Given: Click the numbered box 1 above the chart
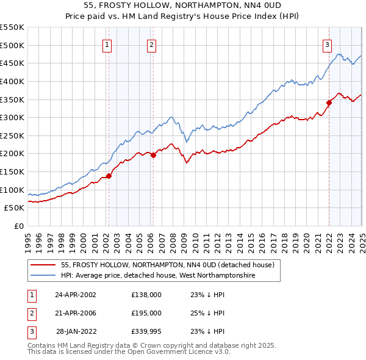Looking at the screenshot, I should [x=107, y=44].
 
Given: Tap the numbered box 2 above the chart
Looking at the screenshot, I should [x=151, y=44].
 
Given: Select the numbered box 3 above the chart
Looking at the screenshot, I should [x=327, y=44].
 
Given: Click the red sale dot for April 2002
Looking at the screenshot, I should [x=109, y=176].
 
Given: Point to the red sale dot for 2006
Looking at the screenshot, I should [x=153, y=155].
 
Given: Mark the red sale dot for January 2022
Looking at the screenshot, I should [x=329, y=103].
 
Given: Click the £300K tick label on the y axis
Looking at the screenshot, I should [x=12, y=117].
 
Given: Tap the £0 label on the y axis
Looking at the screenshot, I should [x=19, y=226].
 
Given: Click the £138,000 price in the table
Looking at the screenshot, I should [x=146, y=295].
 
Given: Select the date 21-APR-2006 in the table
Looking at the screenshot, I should [x=76, y=313].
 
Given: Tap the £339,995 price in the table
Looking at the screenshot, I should [x=146, y=331].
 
